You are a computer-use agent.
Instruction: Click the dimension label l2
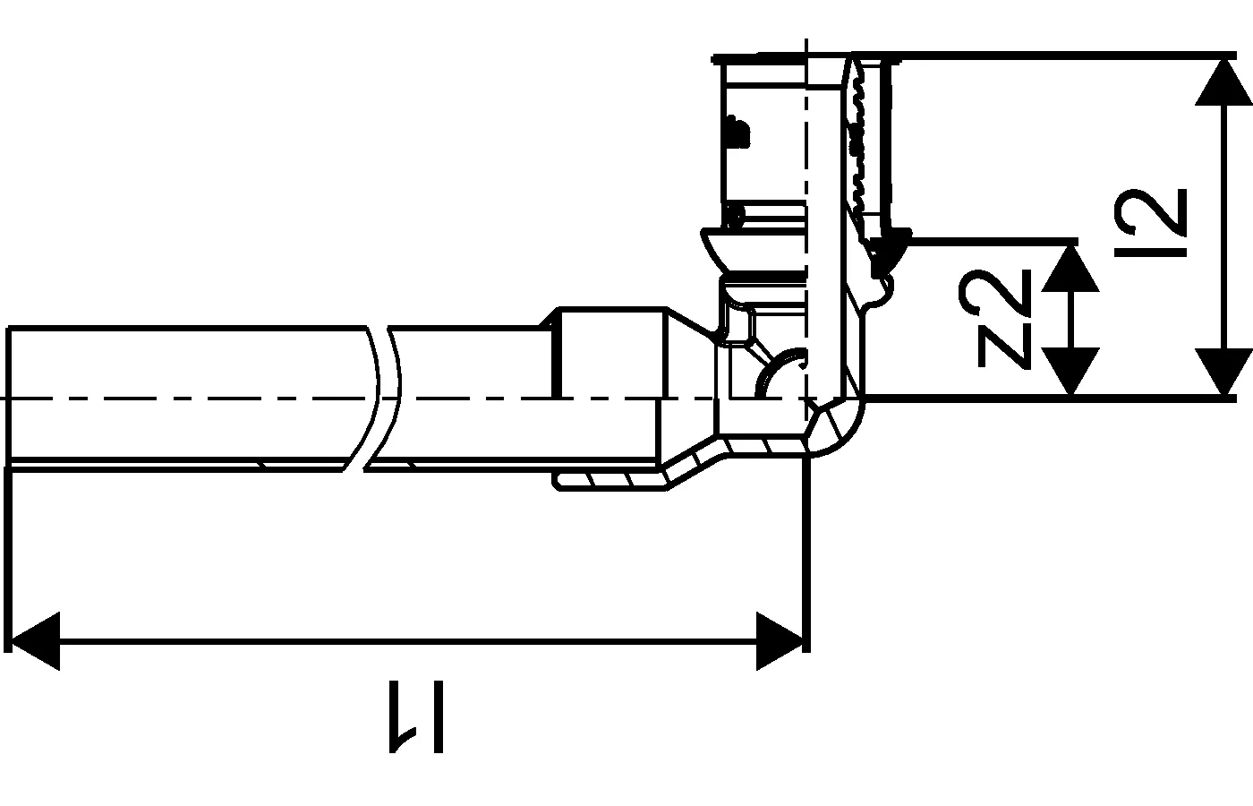pos(1153,222)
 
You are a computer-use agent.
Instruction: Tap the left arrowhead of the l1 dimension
pos(34,640)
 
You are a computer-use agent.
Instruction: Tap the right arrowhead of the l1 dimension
pos(780,640)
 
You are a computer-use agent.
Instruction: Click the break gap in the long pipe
pos(383,399)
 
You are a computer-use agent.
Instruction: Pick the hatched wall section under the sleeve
pos(609,481)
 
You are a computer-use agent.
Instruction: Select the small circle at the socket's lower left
pos(736,215)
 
